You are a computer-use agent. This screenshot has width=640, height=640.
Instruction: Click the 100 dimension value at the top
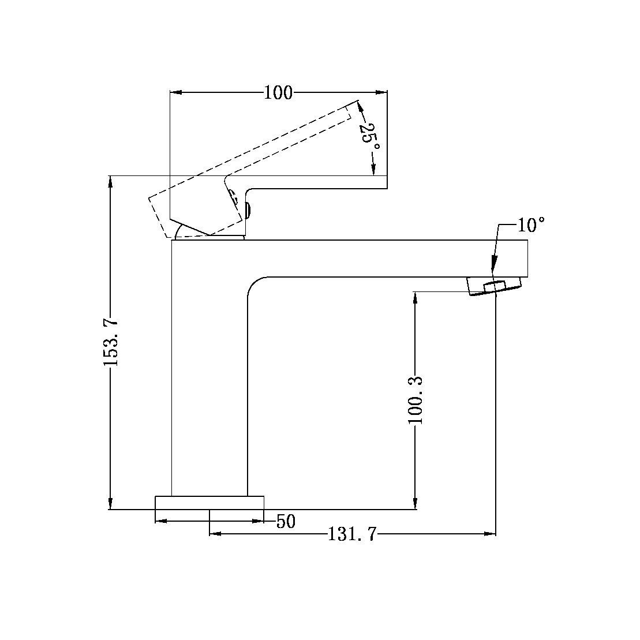278,92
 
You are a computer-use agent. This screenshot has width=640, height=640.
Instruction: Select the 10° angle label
530,224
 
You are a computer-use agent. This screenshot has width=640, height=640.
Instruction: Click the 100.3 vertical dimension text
416,400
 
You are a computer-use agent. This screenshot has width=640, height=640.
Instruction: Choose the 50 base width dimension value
286,522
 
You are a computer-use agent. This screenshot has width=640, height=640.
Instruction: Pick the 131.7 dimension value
352,535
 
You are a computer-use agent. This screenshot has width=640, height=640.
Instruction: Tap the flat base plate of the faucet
209,502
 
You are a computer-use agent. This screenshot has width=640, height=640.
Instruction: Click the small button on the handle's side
248,210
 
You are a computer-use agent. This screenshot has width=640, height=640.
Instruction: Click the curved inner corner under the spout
254,283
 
